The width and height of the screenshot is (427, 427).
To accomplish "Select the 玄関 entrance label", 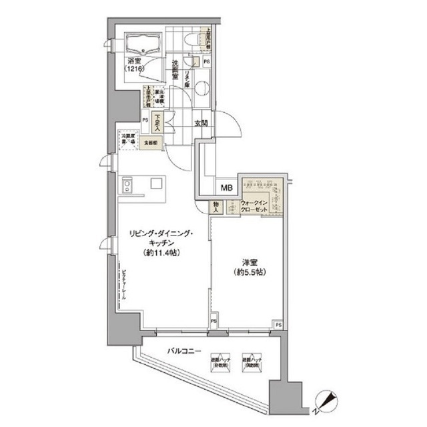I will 201,123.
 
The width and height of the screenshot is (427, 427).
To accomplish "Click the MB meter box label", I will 227,189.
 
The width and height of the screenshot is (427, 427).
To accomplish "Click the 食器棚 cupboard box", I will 153,143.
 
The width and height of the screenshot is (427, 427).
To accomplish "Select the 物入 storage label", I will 217,207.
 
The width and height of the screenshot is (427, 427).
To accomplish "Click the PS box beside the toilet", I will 207,61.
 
